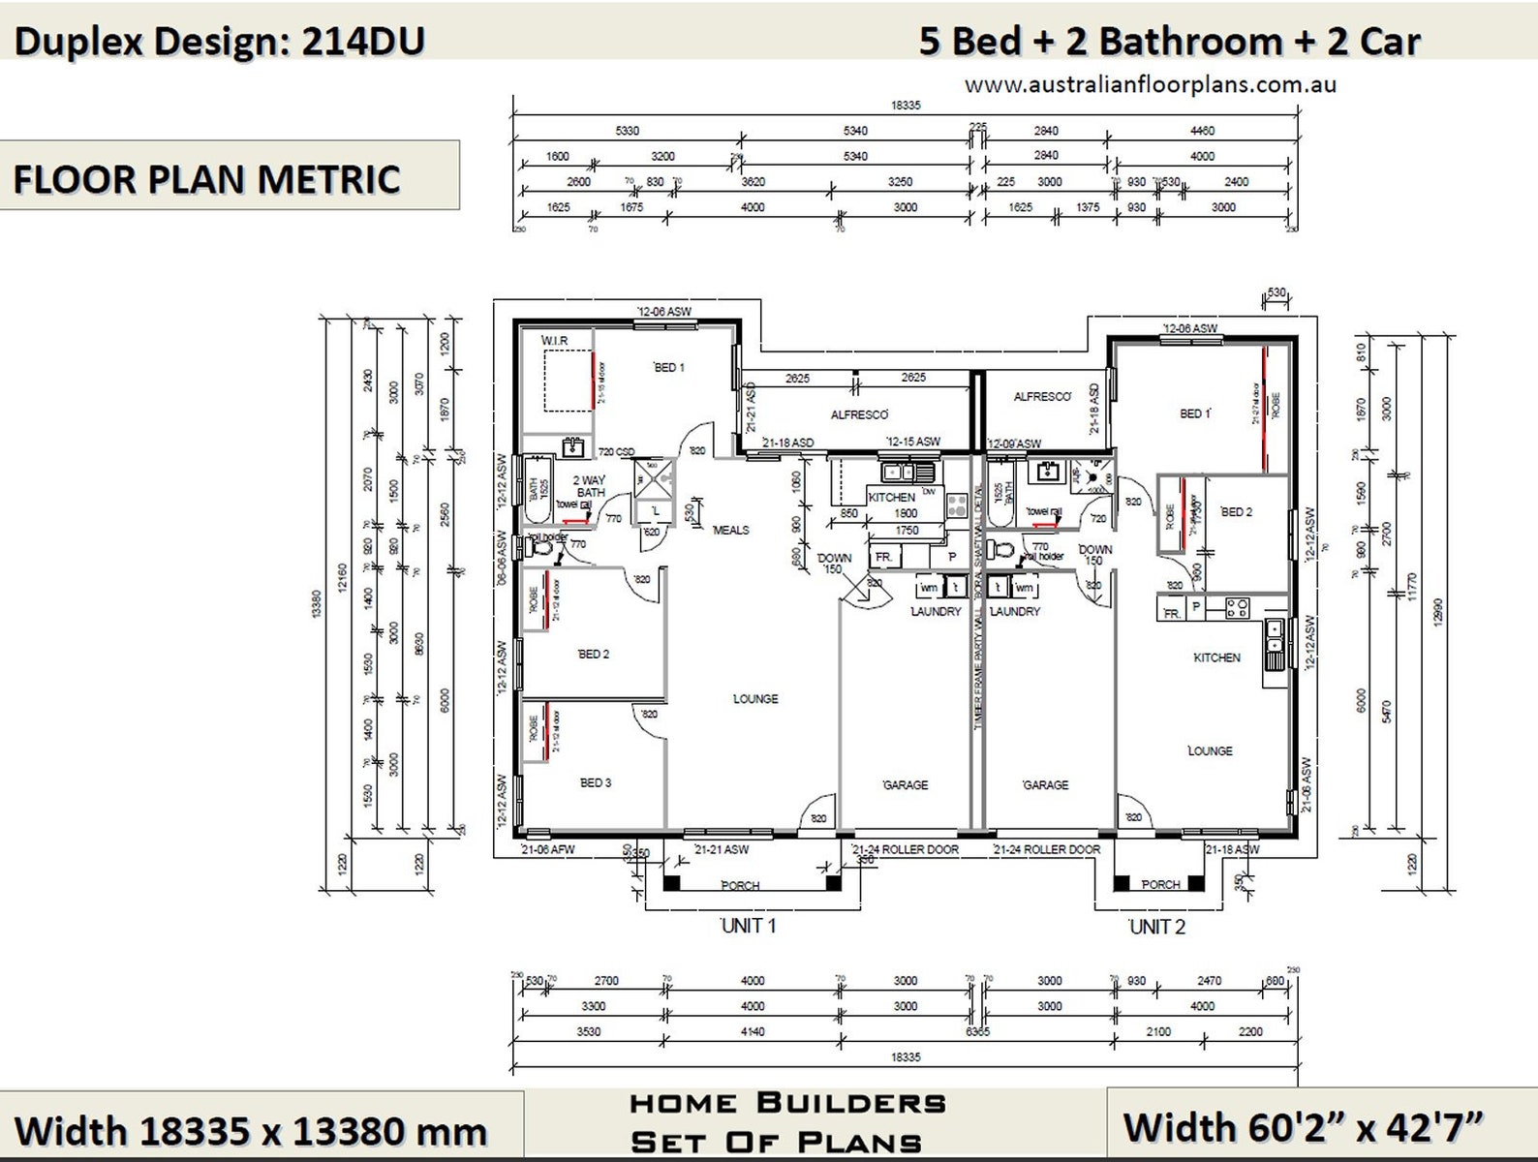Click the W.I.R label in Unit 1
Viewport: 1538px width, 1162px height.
pos(554,341)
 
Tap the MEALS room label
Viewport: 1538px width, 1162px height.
pos(730,530)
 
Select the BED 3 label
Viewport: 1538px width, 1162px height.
pos(595,782)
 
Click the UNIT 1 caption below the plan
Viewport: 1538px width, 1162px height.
pos(748,926)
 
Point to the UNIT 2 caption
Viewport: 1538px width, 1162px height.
pos(1156,927)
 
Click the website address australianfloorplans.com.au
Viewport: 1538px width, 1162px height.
pos(1150,85)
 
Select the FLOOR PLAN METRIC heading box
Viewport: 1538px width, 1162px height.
pos(229,176)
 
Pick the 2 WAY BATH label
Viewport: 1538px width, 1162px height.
pos(589,486)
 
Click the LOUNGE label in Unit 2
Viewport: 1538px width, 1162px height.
pos(1210,750)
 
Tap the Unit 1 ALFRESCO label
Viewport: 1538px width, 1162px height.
pos(859,414)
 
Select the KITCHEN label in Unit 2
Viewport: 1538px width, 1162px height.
pos(1216,657)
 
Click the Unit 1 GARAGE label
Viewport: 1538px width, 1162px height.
pos(906,785)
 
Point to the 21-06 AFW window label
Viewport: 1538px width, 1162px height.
pos(548,849)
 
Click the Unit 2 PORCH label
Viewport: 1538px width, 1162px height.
pos(1160,884)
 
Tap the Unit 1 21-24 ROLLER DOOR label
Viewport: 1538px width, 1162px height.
pos(906,849)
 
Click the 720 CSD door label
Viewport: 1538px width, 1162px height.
pos(616,451)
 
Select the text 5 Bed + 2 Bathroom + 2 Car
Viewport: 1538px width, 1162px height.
pos(1169,42)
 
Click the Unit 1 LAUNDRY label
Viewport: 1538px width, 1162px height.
pos(936,612)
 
